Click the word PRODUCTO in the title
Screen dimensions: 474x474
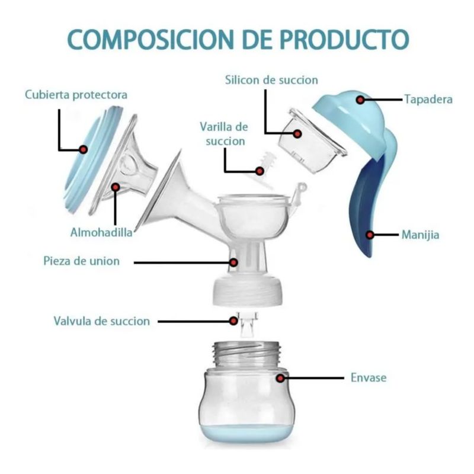click(x=345, y=40)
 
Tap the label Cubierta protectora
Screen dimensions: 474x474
click(x=76, y=95)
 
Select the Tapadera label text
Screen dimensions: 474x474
click(x=428, y=99)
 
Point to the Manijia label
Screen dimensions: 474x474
click(x=420, y=235)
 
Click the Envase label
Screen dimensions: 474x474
click(x=369, y=377)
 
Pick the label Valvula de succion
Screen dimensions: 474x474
click(x=102, y=321)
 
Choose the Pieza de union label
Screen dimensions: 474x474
click(x=82, y=261)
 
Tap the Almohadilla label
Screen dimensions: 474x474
click(x=101, y=232)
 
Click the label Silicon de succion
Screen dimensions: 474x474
click(x=271, y=80)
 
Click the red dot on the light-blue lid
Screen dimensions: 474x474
click(x=360, y=100)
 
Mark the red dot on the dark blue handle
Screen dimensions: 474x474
click(x=370, y=235)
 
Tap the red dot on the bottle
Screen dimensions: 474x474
click(x=280, y=378)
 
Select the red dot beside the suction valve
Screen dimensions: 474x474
click(x=233, y=321)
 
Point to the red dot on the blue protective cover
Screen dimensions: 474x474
click(x=84, y=149)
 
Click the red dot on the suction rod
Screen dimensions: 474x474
click(x=260, y=171)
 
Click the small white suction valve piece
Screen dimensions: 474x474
click(x=247, y=325)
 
